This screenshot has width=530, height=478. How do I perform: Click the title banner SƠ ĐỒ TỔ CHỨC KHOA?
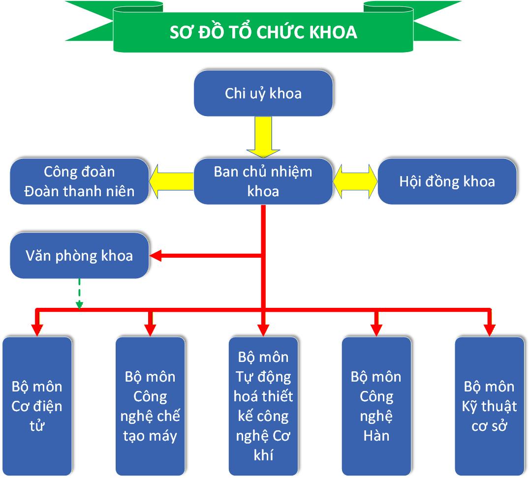point(263,32)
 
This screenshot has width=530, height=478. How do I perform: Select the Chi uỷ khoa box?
point(263,93)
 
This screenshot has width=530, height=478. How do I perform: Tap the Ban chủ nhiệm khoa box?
point(263,181)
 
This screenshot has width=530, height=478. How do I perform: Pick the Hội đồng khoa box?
point(447,181)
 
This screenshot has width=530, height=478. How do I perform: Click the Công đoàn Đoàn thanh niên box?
point(79,181)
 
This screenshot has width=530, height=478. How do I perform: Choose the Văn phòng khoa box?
point(79,256)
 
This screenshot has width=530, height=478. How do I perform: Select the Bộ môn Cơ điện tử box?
point(37,406)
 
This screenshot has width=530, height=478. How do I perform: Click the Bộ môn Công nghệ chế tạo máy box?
point(150,406)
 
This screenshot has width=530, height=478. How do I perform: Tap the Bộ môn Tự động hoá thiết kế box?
point(263,406)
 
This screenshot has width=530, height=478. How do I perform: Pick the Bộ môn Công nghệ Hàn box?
point(376,406)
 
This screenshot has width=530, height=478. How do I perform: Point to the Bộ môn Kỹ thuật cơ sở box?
point(489,406)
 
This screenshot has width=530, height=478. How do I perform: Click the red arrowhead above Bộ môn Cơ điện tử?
point(37,329)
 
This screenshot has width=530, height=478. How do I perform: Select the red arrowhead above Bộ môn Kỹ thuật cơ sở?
point(489,329)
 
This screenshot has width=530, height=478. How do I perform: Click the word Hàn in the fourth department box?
point(376,436)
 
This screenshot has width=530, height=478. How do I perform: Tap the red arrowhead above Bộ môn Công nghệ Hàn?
point(376,329)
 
